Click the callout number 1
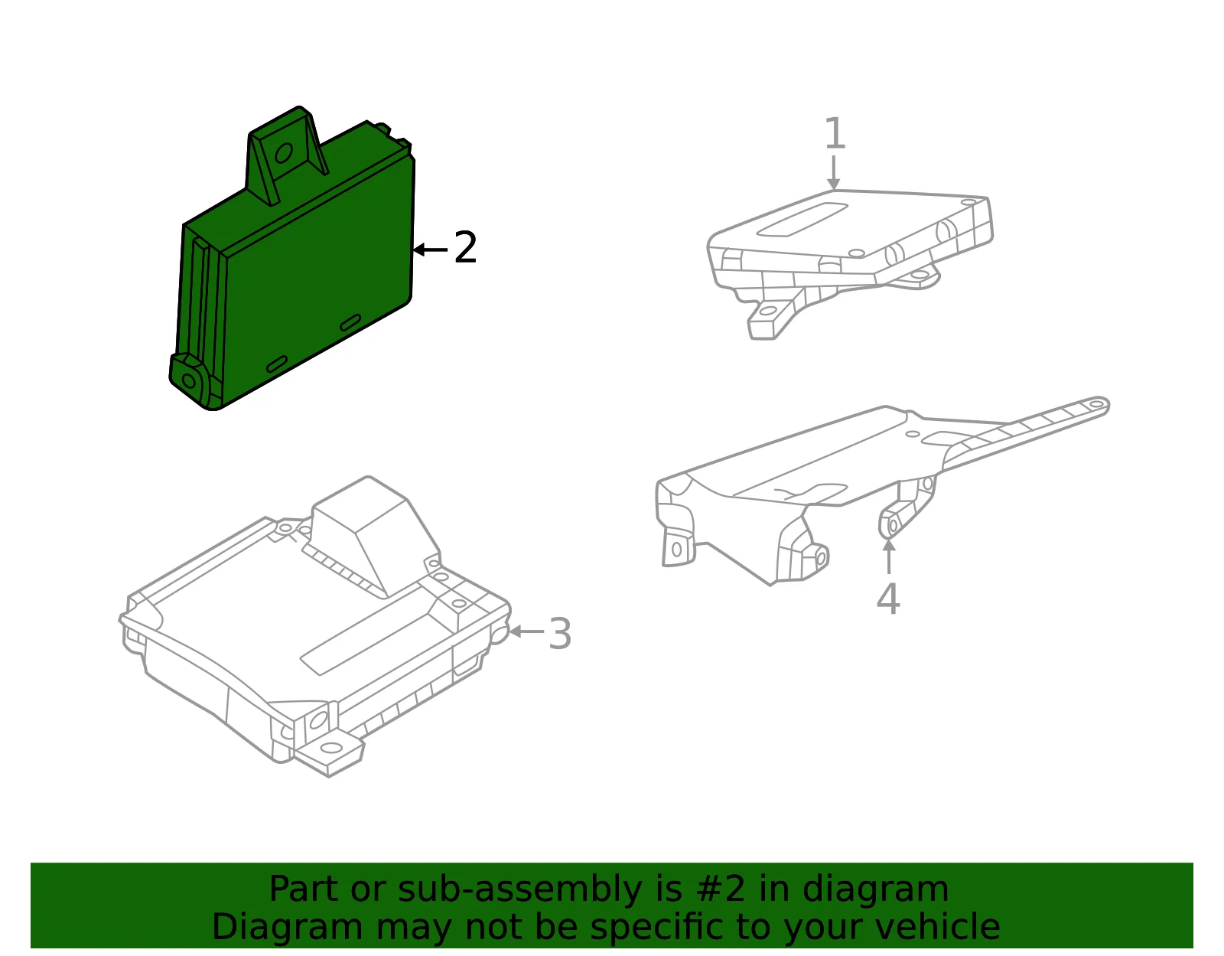pos(835,133)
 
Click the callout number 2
pos(465,247)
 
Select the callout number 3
pos(560,634)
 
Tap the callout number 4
pos(888,599)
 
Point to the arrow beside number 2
pos(431,249)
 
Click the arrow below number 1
pos(834,172)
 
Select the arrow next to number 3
pos(526,631)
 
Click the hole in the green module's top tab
pos(283,152)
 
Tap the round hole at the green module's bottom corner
pos(189,382)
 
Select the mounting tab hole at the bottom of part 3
pos(330,748)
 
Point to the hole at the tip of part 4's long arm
pos(1096,404)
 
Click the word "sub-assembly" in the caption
pos(519,889)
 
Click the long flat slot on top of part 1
pos(802,220)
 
